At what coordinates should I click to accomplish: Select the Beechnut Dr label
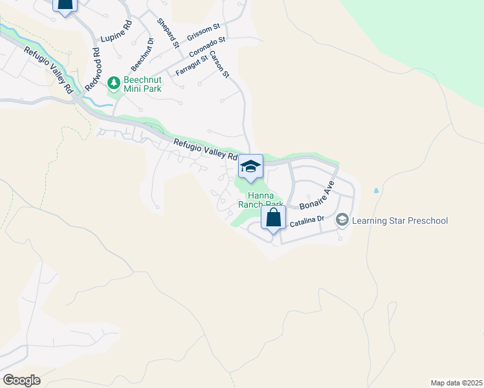click(x=142, y=54)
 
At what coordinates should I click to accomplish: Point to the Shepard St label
click(x=167, y=32)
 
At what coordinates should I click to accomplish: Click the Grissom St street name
click(x=204, y=31)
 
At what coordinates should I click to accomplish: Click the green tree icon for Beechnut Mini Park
click(x=114, y=82)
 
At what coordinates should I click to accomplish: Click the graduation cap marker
click(x=250, y=167)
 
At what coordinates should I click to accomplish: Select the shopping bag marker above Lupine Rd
click(x=65, y=4)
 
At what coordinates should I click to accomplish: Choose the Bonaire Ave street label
click(x=318, y=195)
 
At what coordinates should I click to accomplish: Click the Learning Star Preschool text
click(x=400, y=221)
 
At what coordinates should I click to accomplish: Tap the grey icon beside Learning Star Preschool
click(x=342, y=221)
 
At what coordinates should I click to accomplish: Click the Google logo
click(x=21, y=380)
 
